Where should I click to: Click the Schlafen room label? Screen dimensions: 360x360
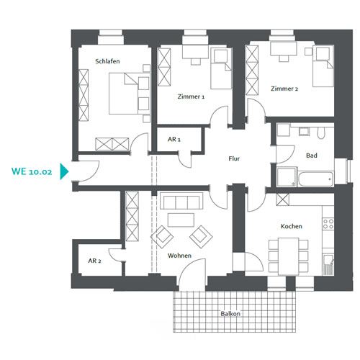point(107,61)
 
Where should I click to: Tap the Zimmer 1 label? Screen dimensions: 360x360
point(191,96)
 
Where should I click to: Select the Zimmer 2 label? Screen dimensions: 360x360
point(284,89)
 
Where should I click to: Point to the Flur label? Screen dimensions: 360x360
point(234,158)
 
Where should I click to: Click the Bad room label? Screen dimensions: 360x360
point(312,156)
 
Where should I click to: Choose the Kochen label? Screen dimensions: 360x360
point(292,226)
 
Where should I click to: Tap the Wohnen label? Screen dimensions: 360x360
point(179,256)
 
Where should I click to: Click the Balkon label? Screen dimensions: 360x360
point(230,314)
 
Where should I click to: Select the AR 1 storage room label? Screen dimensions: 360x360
point(174,139)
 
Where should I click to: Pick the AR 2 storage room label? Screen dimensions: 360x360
point(94,261)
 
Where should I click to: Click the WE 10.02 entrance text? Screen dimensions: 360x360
point(32,171)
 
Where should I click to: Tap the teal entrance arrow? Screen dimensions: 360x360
point(64,171)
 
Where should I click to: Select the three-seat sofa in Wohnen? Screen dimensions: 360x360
point(181,201)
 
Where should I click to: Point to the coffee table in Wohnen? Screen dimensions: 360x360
point(181,220)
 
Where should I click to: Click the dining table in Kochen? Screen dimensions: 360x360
point(288,256)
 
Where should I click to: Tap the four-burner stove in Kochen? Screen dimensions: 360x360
point(328,223)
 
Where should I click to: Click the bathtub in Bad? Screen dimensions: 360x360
point(315,179)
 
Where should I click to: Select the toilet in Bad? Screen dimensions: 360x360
point(320,132)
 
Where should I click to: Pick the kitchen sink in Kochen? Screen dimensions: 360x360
point(328,264)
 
